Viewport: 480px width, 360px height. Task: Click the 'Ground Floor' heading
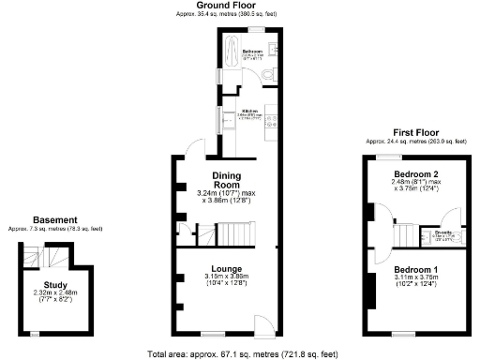(x=229, y=6)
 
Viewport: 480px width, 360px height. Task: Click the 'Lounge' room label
(x=227, y=268)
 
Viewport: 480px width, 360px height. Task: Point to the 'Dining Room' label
(x=227, y=180)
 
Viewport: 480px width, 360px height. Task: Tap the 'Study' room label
(x=55, y=285)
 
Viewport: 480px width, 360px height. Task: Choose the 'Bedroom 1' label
(x=415, y=269)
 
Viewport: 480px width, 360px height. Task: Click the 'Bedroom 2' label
(x=416, y=175)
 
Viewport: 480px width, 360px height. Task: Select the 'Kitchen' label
(x=250, y=110)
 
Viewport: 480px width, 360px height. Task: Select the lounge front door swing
(x=264, y=324)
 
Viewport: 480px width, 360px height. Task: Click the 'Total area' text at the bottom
(x=243, y=354)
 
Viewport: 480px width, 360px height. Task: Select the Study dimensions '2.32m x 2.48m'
(x=55, y=293)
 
